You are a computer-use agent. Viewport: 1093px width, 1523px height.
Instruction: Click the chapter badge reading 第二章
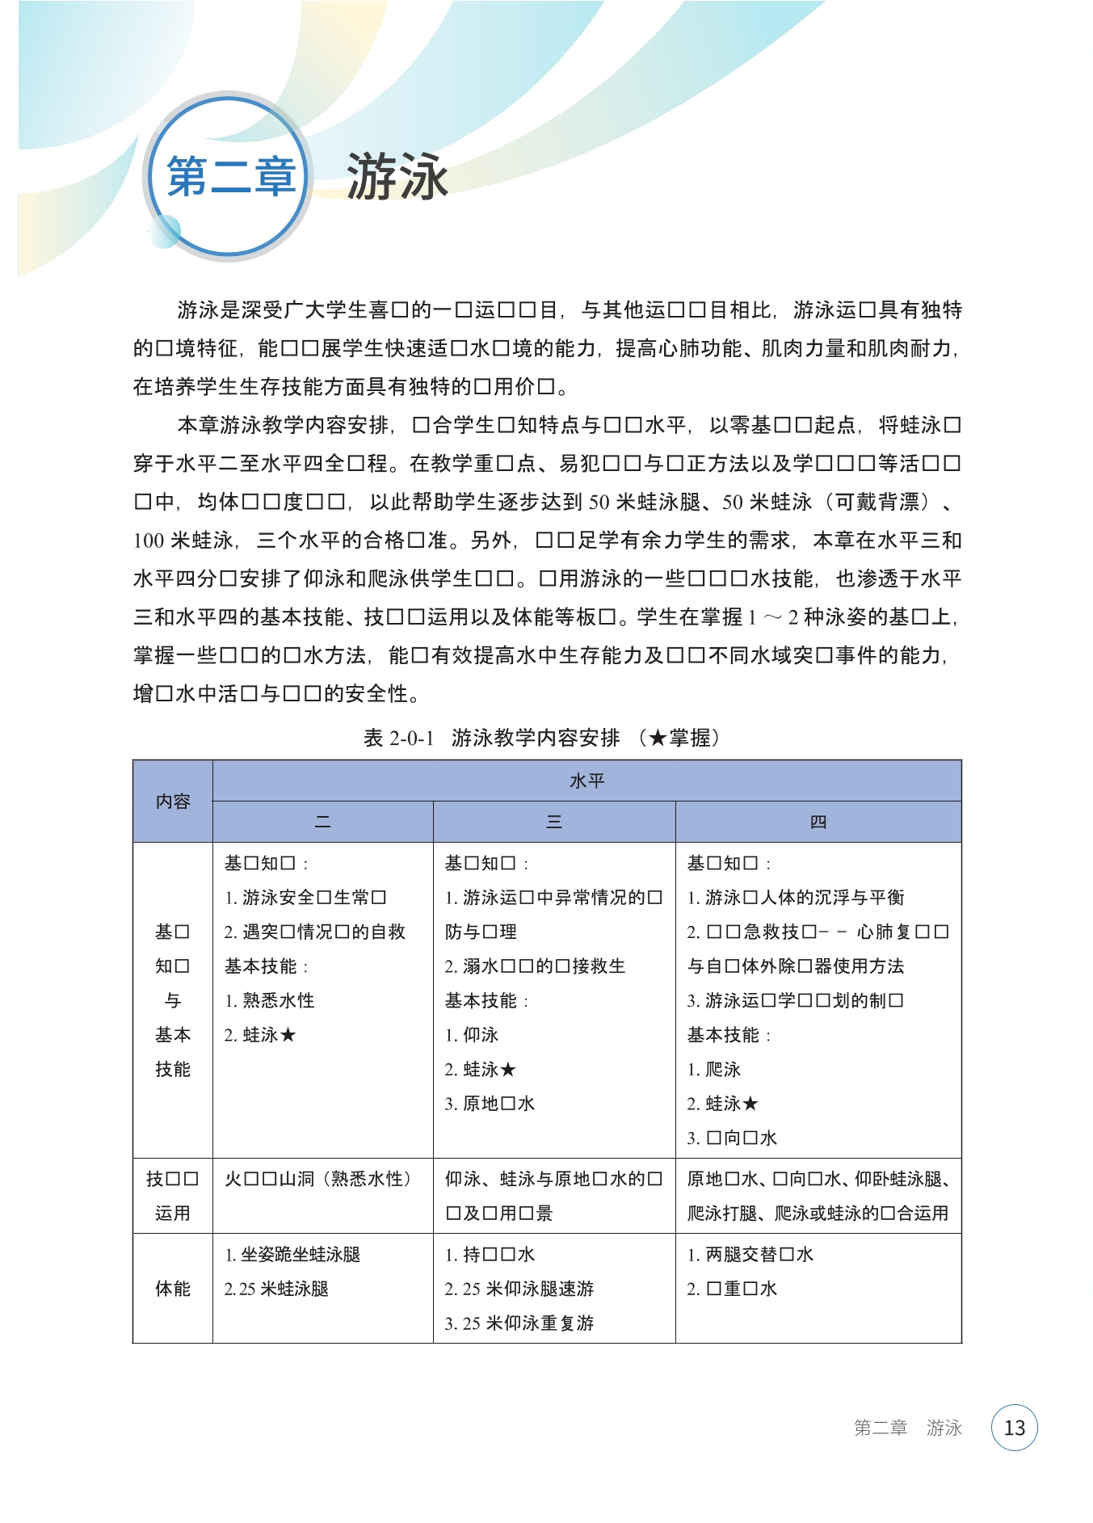tap(229, 176)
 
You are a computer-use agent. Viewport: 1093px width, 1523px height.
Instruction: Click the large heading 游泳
tap(397, 176)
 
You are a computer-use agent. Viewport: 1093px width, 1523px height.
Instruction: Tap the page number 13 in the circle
tap(1014, 1428)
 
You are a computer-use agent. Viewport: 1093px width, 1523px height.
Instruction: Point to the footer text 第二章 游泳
tap(907, 1428)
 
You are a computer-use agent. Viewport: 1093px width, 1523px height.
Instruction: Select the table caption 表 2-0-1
tap(399, 738)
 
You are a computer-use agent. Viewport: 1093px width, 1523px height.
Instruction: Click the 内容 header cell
tap(173, 801)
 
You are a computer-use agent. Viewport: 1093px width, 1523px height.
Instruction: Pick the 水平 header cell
tap(586, 780)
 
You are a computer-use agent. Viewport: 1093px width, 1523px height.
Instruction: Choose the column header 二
tap(322, 823)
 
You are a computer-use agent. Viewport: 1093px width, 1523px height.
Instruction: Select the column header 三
tap(554, 823)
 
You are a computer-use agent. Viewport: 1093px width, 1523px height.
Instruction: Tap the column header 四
tap(818, 823)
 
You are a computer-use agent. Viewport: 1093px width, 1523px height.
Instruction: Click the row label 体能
tap(173, 1288)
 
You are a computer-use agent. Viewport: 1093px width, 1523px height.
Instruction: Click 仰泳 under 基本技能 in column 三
tap(481, 1035)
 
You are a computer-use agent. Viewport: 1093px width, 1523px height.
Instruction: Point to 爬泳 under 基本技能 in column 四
tap(723, 1069)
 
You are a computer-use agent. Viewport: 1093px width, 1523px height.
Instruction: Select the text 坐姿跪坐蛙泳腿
tap(301, 1254)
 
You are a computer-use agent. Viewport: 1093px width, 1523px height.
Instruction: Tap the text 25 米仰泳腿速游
tap(528, 1289)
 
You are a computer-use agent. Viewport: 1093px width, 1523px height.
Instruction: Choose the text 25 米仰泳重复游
tap(528, 1323)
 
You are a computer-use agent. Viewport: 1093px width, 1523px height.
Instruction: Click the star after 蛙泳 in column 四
tap(750, 1103)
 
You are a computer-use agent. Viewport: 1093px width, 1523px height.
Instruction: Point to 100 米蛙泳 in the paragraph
tap(183, 541)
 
